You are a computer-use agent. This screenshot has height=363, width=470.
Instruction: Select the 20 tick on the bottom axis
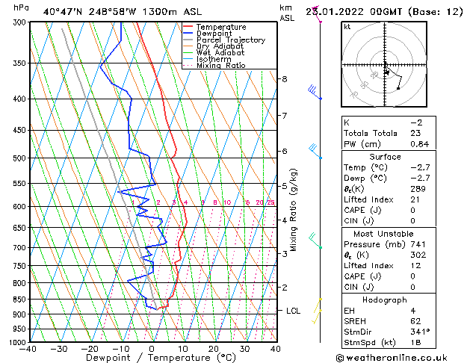pos(213,349)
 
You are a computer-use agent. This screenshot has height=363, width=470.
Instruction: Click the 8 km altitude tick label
pos(285,79)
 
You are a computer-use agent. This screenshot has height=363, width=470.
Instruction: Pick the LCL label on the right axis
pos(293,311)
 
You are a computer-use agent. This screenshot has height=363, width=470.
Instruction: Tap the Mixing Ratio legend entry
pos(221,66)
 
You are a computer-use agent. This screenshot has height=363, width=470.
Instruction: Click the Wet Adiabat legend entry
pos(217,53)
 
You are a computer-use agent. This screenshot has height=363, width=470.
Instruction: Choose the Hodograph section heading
pos(387,300)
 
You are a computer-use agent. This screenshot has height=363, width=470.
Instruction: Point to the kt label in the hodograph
pos(347,27)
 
